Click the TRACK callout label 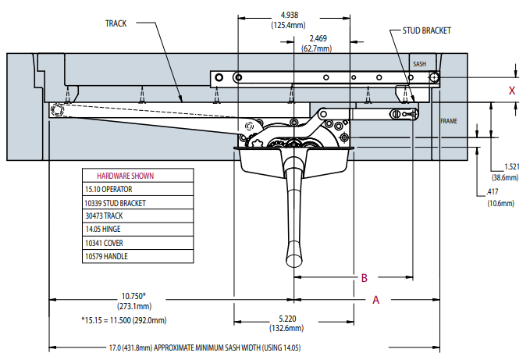point(116,23)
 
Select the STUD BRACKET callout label point(426,30)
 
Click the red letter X point(512,91)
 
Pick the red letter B point(363,277)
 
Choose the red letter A point(375,299)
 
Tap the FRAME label point(448,121)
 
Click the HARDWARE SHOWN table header point(125,176)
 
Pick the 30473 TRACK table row point(105,216)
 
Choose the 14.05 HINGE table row point(104,230)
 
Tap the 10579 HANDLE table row point(107,256)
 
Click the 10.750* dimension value point(134,295)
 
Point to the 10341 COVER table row point(105,243)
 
